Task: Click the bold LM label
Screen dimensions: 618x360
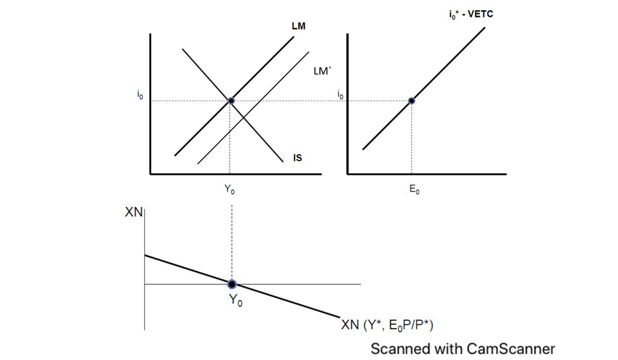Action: [x=298, y=26]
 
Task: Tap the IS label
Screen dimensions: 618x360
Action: [x=297, y=157]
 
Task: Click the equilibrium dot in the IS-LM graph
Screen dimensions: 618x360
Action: [x=230, y=101]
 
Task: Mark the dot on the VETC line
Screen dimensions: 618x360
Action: [x=411, y=101]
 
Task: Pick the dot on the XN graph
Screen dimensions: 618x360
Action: [x=232, y=283]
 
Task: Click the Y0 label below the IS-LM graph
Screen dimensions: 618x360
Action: [x=230, y=190]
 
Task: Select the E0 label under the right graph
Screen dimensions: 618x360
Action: [x=412, y=190]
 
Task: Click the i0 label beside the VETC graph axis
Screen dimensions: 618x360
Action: [x=340, y=95]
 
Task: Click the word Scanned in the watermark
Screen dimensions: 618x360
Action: [x=399, y=348]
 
